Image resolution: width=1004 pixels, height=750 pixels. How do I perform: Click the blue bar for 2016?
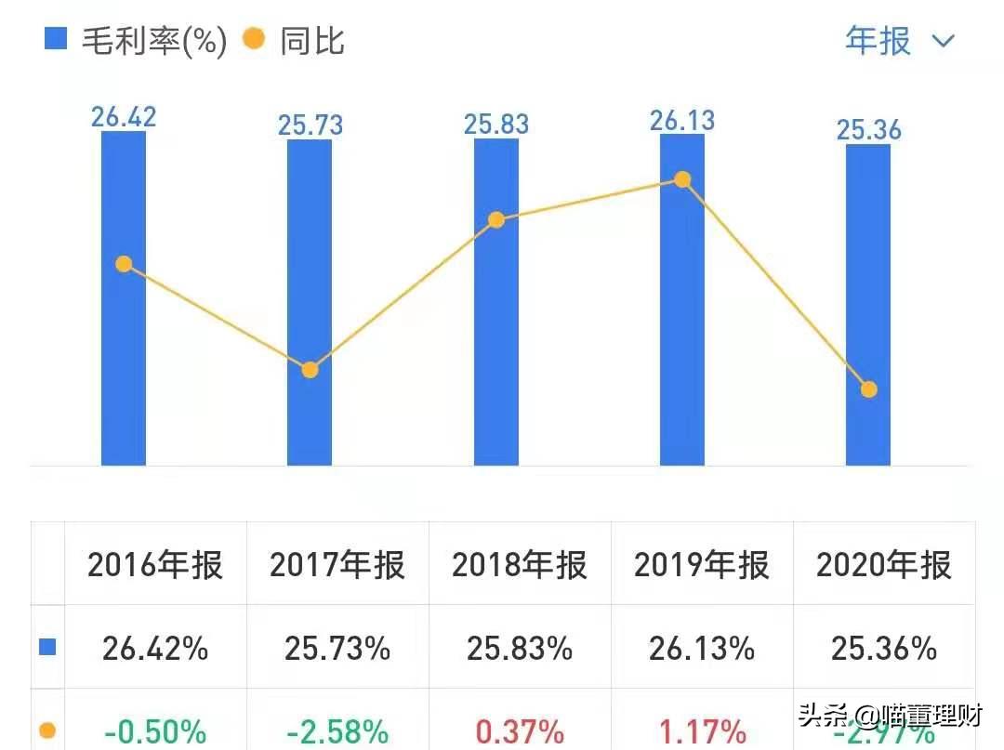click(124, 372)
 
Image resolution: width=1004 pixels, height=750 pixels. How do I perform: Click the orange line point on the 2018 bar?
click(496, 220)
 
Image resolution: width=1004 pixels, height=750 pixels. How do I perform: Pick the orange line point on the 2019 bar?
click(682, 179)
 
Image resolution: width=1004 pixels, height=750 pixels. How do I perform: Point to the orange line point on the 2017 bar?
click(310, 370)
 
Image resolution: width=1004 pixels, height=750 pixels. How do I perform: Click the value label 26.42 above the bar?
click(124, 117)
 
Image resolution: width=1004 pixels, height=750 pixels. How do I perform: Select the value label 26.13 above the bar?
click(682, 121)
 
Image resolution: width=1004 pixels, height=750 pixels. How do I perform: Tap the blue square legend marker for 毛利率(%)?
click(56, 39)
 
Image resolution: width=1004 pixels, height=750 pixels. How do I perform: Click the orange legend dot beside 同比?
click(253, 39)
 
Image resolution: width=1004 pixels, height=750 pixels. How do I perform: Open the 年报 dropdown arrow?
click(943, 41)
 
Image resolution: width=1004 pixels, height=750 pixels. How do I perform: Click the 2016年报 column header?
click(155, 565)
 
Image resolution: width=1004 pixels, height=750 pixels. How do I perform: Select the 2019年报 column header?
click(702, 565)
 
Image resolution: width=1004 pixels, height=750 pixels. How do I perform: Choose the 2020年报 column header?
click(884, 565)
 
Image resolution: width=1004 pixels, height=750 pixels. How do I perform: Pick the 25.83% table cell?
click(520, 648)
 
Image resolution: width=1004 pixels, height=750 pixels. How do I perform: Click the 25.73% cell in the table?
click(337, 648)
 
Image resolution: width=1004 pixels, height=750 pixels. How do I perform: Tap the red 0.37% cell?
click(520, 731)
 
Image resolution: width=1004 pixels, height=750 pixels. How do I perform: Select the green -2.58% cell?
click(337, 731)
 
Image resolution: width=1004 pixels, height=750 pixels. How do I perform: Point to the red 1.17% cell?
click(702, 731)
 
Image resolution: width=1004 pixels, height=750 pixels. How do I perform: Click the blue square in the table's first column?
click(47, 647)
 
